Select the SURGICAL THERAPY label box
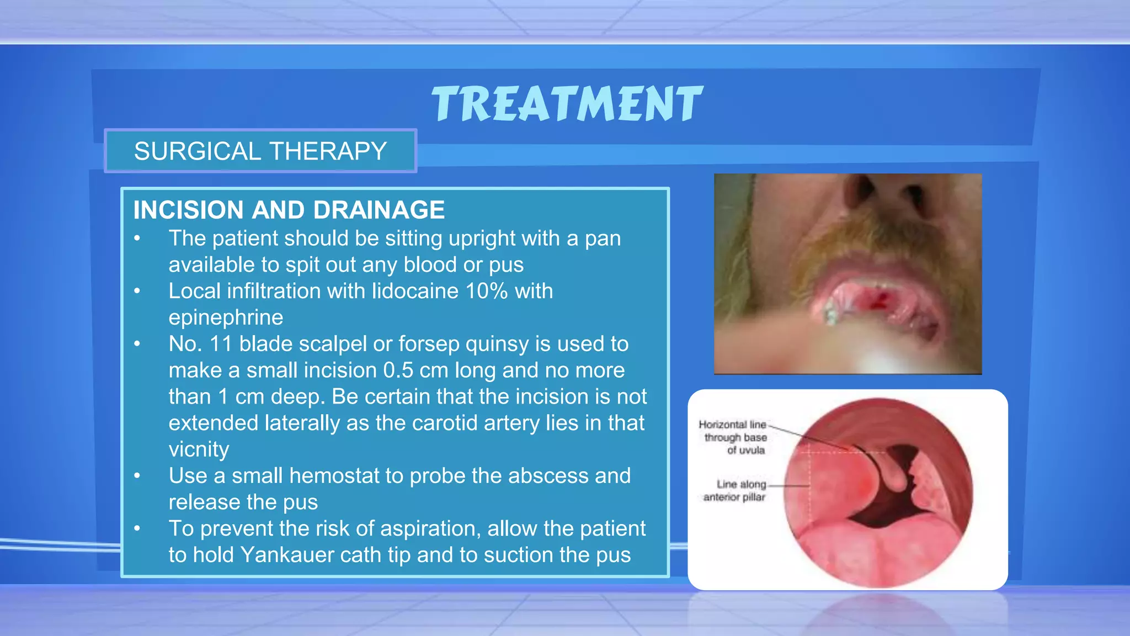point(260,151)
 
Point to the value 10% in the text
point(486,291)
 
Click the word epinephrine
point(226,317)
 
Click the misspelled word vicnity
point(199,449)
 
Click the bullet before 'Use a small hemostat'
point(137,476)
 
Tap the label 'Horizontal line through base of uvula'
point(734,437)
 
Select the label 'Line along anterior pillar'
point(735,490)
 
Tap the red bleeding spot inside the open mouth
point(877,301)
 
